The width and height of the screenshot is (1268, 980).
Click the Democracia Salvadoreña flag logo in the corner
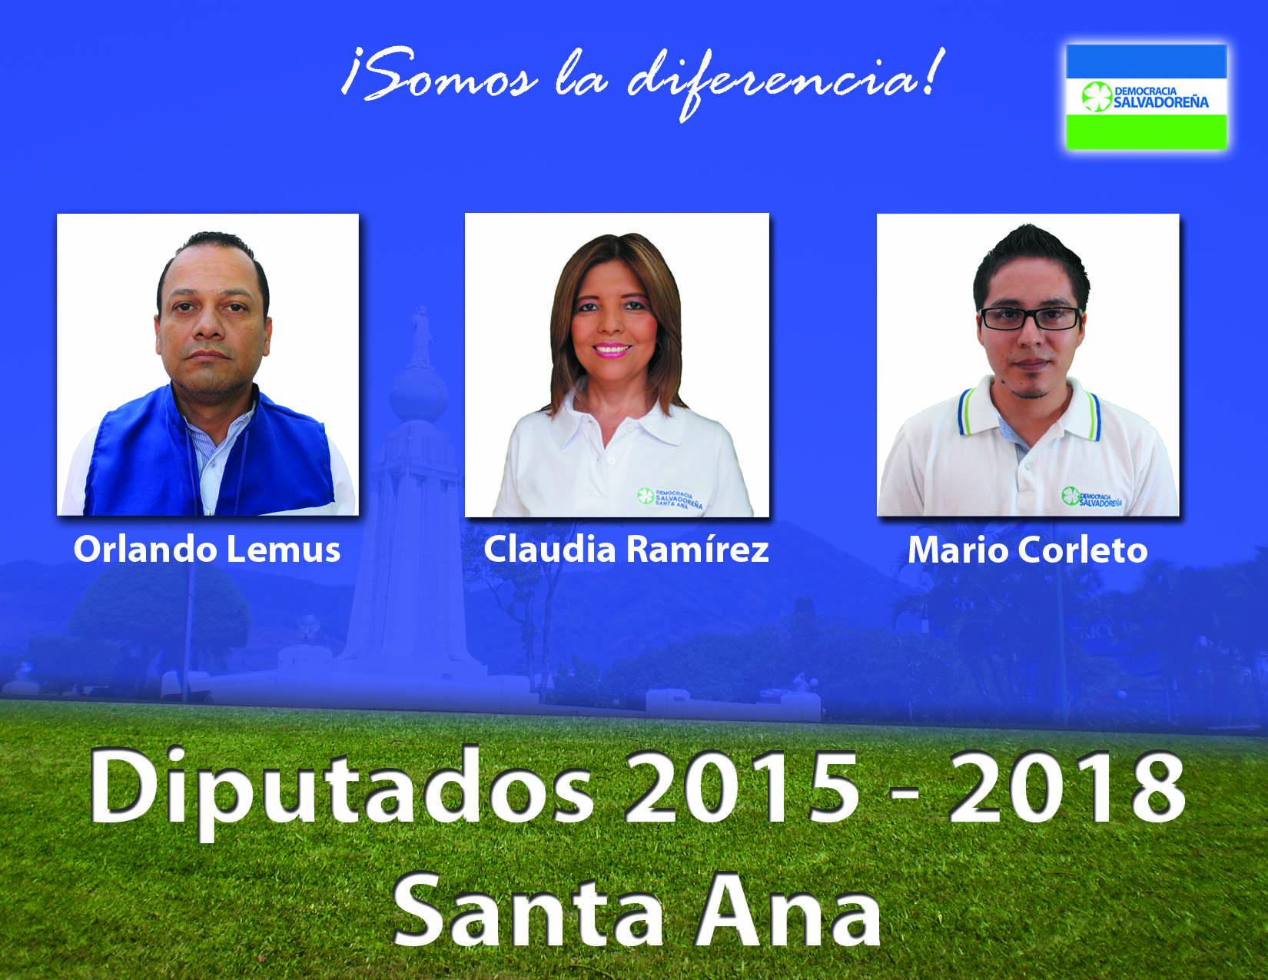(x=1146, y=97)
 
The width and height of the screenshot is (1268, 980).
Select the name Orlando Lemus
(x=207, y=550)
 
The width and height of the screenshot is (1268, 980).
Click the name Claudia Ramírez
(x=626, y=550)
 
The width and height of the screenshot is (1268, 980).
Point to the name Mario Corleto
(x=1027, y=550)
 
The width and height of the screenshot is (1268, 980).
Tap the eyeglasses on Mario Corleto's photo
(x=1031, y=318)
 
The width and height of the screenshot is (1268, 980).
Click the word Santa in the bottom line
(x=528, y=911)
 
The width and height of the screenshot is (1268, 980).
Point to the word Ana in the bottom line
(x=787, y=911)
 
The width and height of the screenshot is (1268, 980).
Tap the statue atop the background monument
(x=420, y=336)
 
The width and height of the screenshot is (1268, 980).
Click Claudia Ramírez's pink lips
(x=612, y=350)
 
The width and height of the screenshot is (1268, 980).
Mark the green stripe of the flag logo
(x=1146, y=132)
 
